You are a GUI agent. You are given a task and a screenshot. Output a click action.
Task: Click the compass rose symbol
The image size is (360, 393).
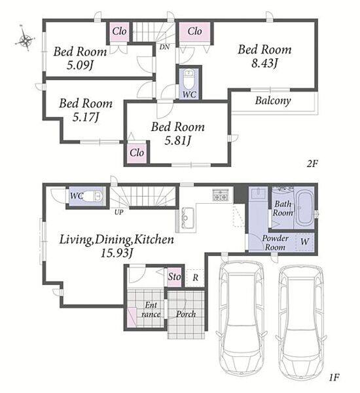coord(25,39)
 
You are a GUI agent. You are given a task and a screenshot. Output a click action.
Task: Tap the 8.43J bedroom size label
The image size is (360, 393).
coord(264,63)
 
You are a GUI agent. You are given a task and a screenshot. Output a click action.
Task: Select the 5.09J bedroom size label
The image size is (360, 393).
coord(80,65)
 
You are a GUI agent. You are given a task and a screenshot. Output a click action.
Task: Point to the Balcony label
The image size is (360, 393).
coord(273,101)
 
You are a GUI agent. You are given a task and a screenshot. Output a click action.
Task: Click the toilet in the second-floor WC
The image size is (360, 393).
coord(189,79)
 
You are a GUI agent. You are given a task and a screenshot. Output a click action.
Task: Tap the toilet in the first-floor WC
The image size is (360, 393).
coord(93,196)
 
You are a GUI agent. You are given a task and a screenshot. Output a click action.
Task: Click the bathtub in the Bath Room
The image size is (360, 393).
coord(304,208)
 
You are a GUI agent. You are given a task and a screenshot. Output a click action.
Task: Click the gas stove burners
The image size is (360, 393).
coord(221,195)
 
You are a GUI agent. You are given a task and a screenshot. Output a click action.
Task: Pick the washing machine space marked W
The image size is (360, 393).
coord(304,242)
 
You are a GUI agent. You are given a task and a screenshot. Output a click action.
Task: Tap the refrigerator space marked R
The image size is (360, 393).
coord(196,278)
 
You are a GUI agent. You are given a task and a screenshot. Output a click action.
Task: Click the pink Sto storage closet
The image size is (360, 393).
coord(174,277)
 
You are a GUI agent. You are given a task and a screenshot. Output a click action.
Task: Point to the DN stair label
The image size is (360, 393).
coord(164,47)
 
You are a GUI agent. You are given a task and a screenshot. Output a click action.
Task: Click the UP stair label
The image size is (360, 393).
coord(118,212)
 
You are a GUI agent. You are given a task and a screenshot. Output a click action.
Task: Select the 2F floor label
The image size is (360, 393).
coord(312,164)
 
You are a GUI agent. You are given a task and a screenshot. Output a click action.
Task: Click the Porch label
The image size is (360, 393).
coord(186,314)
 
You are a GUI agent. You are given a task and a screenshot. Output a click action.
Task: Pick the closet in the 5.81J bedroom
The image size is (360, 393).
coord(137,153)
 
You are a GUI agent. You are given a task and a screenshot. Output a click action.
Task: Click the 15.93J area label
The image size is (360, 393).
coord(117,253)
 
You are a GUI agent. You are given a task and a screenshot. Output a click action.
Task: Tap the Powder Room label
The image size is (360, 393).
coord(275,242)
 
